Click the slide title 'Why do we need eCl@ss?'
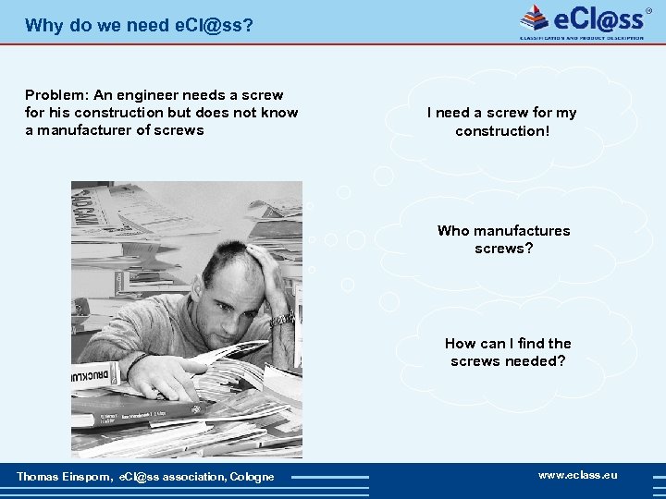(139, 25)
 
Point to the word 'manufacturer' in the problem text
(81, 130)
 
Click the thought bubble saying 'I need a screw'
(501, 121)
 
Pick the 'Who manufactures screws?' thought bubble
(503, 239)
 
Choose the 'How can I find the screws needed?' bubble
(508, 352)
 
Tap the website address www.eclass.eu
(577, 475)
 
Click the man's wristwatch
(281, 320)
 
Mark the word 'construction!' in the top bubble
(501, 131)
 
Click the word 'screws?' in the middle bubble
(503, 249)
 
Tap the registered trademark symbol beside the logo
(648, 10)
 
